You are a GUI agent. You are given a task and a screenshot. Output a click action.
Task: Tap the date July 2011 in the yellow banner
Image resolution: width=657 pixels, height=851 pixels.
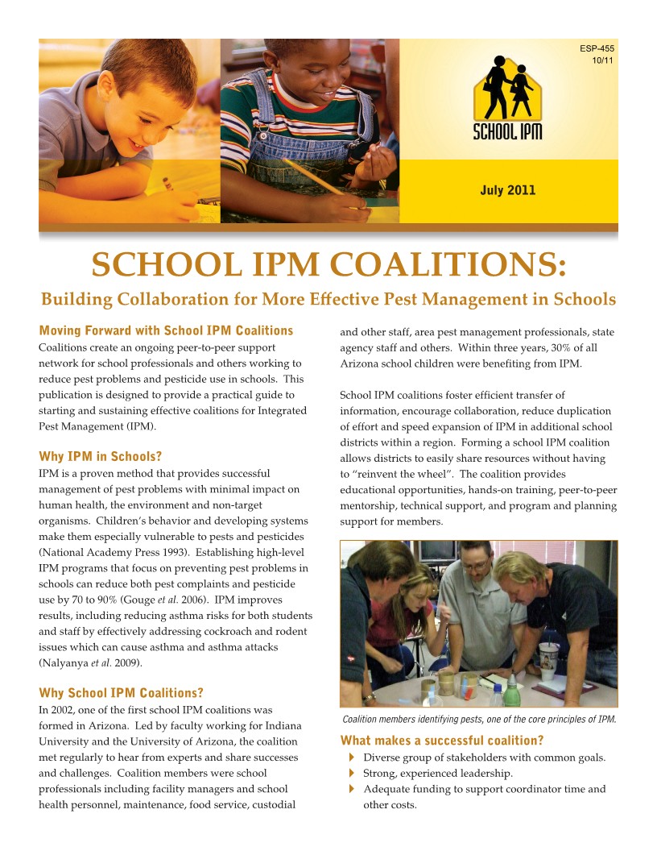pos(507,191)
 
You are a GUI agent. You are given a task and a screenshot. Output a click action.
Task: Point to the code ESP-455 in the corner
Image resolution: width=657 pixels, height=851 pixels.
pos(597,49)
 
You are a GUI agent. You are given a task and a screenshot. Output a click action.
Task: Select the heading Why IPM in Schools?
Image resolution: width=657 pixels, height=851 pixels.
pos(101,457)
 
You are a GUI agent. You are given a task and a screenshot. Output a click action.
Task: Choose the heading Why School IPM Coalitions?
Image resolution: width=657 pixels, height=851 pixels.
pos(121,693)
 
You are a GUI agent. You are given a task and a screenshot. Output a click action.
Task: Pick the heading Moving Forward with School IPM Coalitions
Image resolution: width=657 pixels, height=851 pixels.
pos(166,330)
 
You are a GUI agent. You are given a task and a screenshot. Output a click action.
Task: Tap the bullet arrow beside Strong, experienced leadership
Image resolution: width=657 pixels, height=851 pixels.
pos(352,774)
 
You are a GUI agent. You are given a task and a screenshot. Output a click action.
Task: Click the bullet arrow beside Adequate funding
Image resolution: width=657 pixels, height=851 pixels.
pos(352,790)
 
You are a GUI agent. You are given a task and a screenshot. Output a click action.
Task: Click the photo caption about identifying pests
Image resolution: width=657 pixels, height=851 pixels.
pos(479,720)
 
